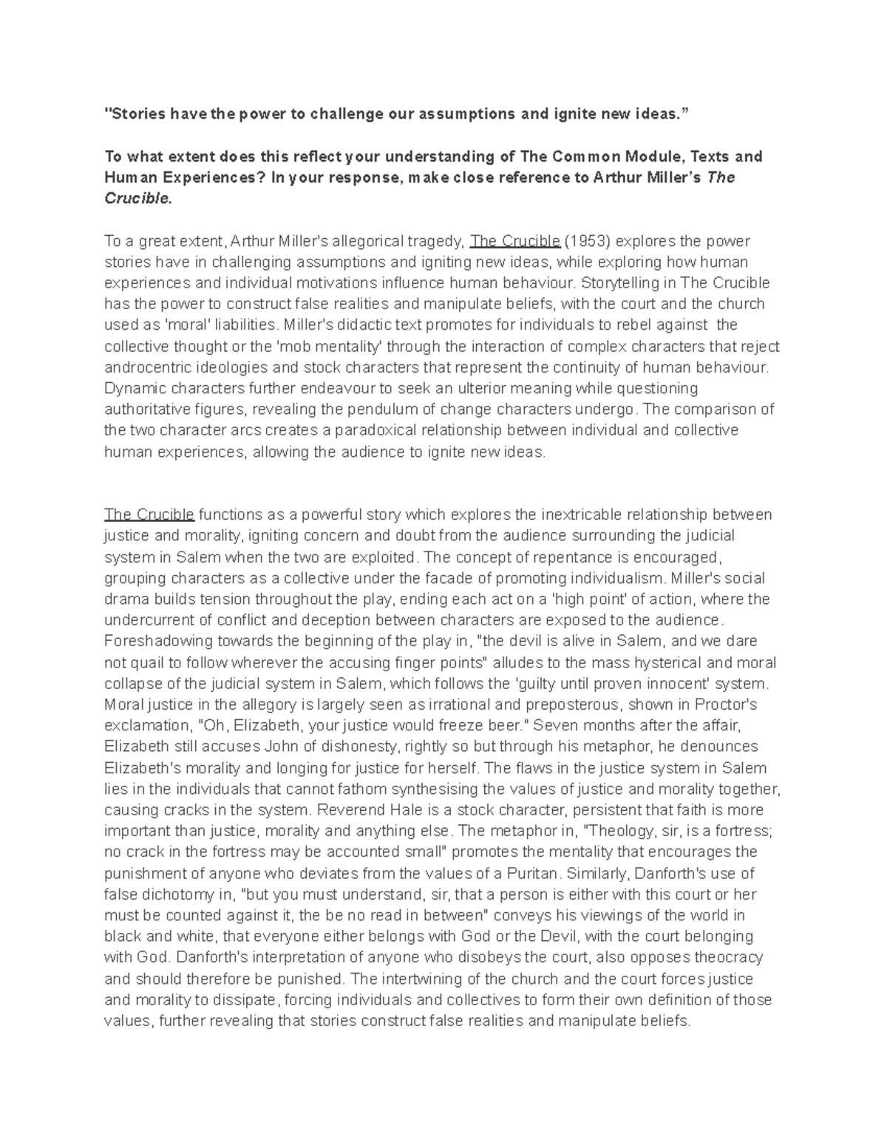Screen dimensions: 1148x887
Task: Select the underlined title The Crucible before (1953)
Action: point(515,241)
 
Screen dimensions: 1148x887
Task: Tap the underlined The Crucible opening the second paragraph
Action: point(149,514)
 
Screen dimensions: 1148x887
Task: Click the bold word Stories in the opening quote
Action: point(138,114)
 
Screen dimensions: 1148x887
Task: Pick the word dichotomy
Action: point(175,894)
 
